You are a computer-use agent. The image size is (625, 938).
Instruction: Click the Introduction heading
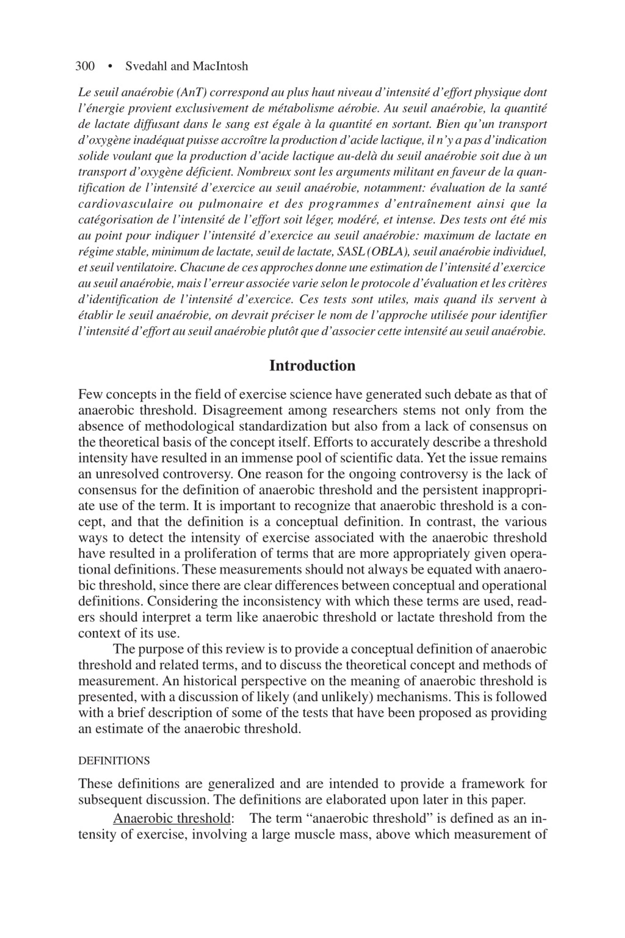(312, 366)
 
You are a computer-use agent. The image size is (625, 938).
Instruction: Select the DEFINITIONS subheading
(114, 761)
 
